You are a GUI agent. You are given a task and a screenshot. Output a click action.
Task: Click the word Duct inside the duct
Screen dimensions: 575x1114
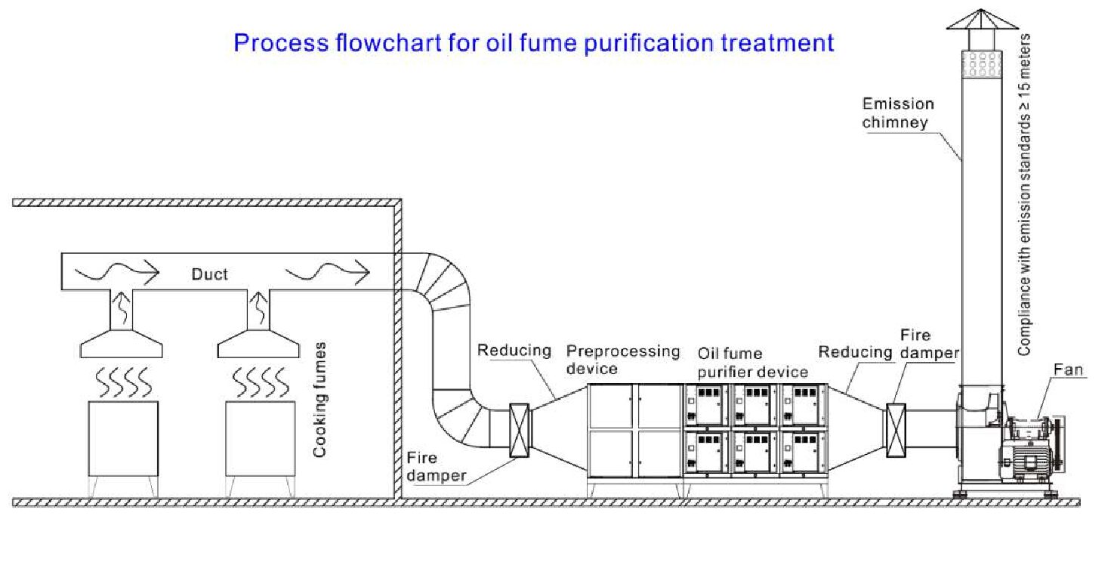tap(209, 274)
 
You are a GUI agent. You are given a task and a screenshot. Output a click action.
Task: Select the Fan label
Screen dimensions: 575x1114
tap(1069, 370)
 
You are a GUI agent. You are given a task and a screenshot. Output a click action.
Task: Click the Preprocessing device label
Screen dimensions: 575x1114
tap(623, 360)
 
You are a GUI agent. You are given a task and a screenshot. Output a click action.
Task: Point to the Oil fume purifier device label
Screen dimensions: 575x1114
tap(751, 363)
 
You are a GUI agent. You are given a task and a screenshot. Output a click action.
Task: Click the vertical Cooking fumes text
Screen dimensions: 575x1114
tap(321, 400)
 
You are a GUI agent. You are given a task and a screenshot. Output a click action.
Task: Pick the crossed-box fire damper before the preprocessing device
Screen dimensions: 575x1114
tap(519, 431)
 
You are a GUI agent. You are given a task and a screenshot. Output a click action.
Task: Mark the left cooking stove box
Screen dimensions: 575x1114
tap(123, 438)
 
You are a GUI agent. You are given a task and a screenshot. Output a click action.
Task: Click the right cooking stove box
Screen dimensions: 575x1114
tap(261, 438)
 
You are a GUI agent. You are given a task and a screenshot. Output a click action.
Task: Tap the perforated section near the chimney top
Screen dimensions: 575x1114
tap(981, 63)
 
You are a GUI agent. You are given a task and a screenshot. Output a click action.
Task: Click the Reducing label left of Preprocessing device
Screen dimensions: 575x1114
tap(514, 351)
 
